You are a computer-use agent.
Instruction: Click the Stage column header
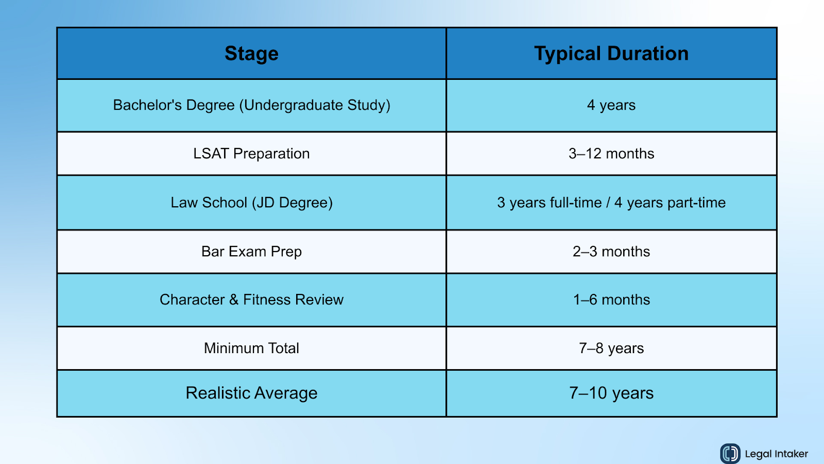coord(251,54)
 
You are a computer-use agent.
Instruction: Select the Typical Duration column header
coord(611,54)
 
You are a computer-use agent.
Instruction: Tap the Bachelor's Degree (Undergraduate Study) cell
coord(251,105)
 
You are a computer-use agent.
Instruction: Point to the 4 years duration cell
coord(611,105)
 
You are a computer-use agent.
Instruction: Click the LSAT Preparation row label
coord(251,154)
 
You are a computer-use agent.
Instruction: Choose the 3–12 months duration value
coord(611,154)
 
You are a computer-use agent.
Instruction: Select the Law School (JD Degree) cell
coord(251,203)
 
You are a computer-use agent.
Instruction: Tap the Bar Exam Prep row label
coord(251,252)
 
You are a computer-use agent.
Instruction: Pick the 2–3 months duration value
coord(611,252)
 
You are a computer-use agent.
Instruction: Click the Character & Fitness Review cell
coord(251,300)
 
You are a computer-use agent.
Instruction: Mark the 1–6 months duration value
coord(611,300)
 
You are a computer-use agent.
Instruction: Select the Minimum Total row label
coord(251,348)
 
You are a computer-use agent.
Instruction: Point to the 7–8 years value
coord(611,348)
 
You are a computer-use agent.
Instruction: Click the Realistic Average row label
coord(251,393)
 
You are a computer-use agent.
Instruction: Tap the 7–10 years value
coord(611,393)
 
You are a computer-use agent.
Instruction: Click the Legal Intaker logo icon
coord(730,454)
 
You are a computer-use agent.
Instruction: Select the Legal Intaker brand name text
coord(776,454)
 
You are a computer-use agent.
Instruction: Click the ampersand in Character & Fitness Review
coord(234,300)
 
